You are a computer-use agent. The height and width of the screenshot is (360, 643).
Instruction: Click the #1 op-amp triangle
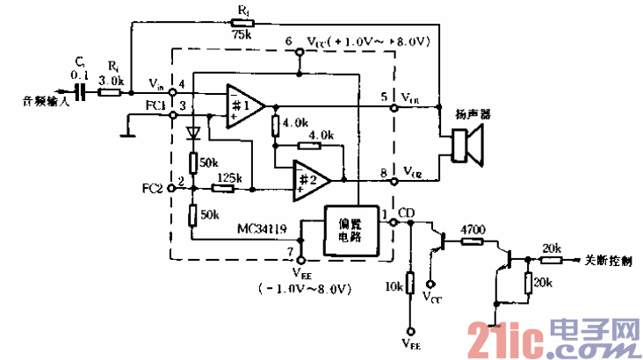coord(245,106)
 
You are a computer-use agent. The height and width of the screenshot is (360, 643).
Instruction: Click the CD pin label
coord(407,212)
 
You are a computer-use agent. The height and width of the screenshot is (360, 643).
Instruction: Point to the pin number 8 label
coord(384,171)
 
